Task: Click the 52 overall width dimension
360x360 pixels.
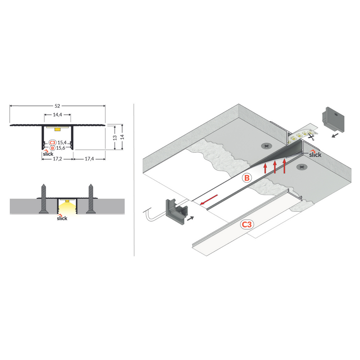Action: click(x=57, y=106)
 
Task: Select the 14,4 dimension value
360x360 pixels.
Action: click(x=57, y=115)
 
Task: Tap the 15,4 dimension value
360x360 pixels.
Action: click(x=62, y=143)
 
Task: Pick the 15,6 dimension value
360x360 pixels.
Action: click(x=60, y=148)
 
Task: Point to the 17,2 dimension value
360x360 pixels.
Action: click(x=57, y=159)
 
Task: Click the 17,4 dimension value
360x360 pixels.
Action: click(x=89, y=159)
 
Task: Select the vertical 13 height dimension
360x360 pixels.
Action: click(x=115, y=137)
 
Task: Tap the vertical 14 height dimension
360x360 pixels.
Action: click(x=122, y=137)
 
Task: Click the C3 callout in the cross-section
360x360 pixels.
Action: click(x=52, y=143)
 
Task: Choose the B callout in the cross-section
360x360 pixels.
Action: click(x=52, y=148)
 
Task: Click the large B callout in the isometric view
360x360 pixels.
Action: click(x=247, y=178)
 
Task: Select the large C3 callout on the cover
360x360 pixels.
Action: click(x=247, y=224)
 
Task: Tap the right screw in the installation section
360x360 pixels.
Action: click(x=90, y=199)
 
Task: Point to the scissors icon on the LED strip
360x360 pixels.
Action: click(x=311, y=136)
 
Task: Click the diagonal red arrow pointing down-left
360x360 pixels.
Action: click(x=209, y=200)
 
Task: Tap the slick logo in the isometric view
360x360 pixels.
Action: click(x=315, y=154)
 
